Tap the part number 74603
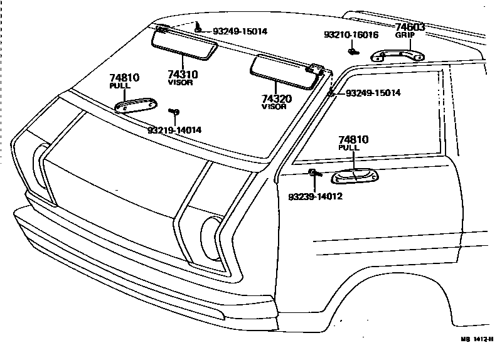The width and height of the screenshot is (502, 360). (410, 27)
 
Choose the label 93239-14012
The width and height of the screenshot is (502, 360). (315, 196)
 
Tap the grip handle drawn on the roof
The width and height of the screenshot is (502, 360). (397, 56)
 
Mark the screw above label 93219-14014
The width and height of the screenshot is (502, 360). (174, 112)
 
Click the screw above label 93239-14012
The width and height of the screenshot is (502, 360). (312, 172)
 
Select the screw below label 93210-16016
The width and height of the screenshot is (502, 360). (354, 51)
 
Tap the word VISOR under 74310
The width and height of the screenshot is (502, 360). (180, 82)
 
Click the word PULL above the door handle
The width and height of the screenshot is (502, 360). (349, 147)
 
